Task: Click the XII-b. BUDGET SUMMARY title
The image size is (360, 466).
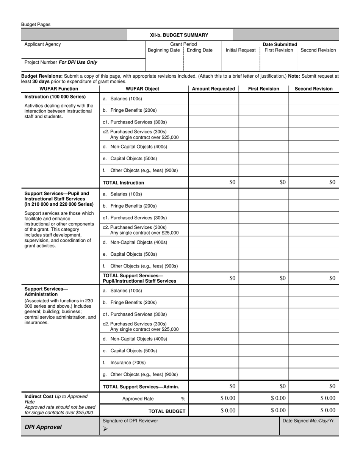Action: coord(179,35)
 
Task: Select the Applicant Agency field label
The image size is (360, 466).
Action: coord(42,44)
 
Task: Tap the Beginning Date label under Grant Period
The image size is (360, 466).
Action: coord(164,50)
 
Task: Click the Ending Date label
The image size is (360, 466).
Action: coord(200,50)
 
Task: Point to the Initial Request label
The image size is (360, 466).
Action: coord(241,50)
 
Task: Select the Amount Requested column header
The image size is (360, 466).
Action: coord(213,89)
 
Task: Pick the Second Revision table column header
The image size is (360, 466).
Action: coord(313,89)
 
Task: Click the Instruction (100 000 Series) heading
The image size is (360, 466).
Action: coord(55,97)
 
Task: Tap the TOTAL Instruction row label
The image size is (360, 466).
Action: coord(124,183)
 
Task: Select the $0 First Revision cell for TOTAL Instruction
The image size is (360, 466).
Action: coord(283,182)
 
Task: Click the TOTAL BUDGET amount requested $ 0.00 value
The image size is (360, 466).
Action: coord(228,410)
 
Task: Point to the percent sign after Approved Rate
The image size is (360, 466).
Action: coord(183,399)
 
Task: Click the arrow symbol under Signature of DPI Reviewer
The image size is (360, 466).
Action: coord(105,429)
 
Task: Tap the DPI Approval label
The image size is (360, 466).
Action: coord(43,427)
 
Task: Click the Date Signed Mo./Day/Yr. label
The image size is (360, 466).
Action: coord(308,421)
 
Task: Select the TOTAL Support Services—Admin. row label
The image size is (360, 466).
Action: coord(141,387)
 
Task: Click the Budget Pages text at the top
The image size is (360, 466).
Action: coord(36,25)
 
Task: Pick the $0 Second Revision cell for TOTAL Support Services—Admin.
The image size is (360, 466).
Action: coord(332,386)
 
